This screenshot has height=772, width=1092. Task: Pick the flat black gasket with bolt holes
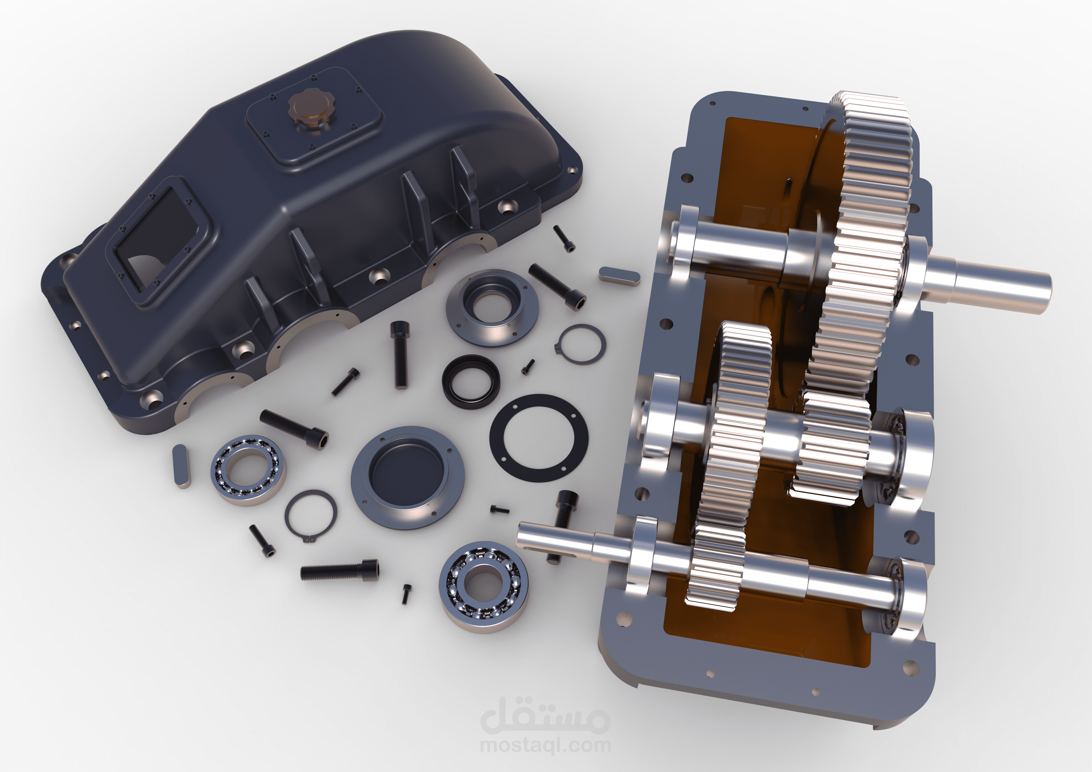click(x=539, y=438)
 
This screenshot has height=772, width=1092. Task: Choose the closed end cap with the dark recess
click(x=407, y=477)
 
